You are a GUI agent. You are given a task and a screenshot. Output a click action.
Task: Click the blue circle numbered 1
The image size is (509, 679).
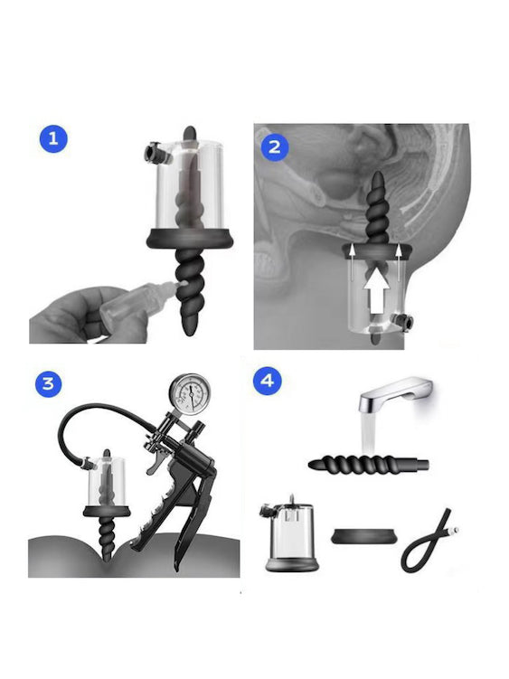(x=53, y=139)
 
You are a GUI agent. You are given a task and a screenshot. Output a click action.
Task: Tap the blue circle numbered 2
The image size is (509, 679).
(x=275, y=147)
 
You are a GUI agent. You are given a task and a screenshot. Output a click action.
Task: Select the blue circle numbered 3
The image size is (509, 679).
(x=49, y=383)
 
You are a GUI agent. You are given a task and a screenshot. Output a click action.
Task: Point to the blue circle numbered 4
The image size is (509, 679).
(x=267, y=381)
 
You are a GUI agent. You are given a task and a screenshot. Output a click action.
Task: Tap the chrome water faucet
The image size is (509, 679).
(x=394, y=394)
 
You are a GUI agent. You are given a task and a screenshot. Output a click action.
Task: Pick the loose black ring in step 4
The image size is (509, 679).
(x=363, y=535)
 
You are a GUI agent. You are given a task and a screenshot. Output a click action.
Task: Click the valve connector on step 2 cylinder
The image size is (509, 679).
(x=401, y=321)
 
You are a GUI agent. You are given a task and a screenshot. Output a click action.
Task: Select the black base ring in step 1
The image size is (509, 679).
(x=190, y=237)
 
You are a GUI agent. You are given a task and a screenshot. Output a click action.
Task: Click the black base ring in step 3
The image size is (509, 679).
(x=107, y=511)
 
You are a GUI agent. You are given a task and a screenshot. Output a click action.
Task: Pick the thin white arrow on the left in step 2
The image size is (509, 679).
(x=353, y=263)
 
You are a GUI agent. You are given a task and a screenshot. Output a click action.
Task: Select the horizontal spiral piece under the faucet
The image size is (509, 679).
(x=369, y=465)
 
